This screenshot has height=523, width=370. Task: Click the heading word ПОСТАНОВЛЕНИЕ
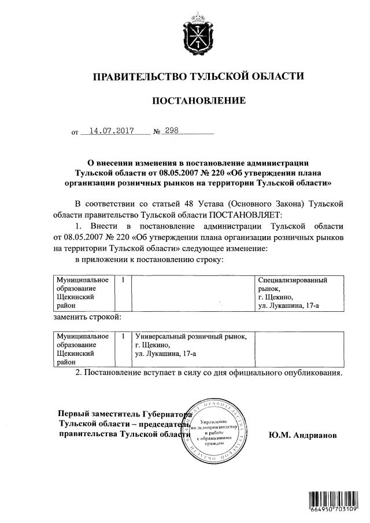click(198, 101)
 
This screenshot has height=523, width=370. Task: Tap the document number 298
click(172, 131)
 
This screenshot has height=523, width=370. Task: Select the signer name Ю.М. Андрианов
click(301, 434)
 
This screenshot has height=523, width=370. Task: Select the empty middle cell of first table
click(194, 293)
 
